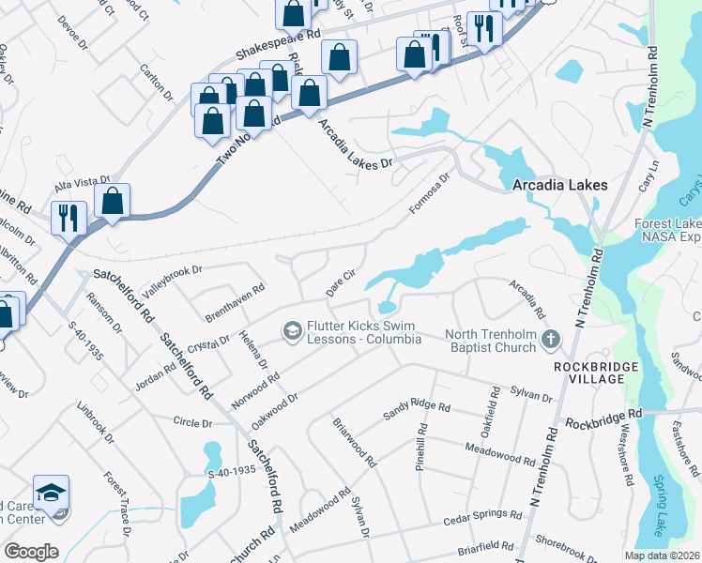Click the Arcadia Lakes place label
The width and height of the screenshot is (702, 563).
click(x=559, y=186)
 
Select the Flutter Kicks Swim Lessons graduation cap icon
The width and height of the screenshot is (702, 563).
click(x=293, y=331)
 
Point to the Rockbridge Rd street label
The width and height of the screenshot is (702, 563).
click(x=603, y=413)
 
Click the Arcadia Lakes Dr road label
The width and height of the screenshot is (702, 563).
click(x=353, y=144)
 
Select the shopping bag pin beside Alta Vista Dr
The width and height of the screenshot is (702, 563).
click(x=112, y=201)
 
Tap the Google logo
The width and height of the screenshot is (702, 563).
click(x=31, y=552)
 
